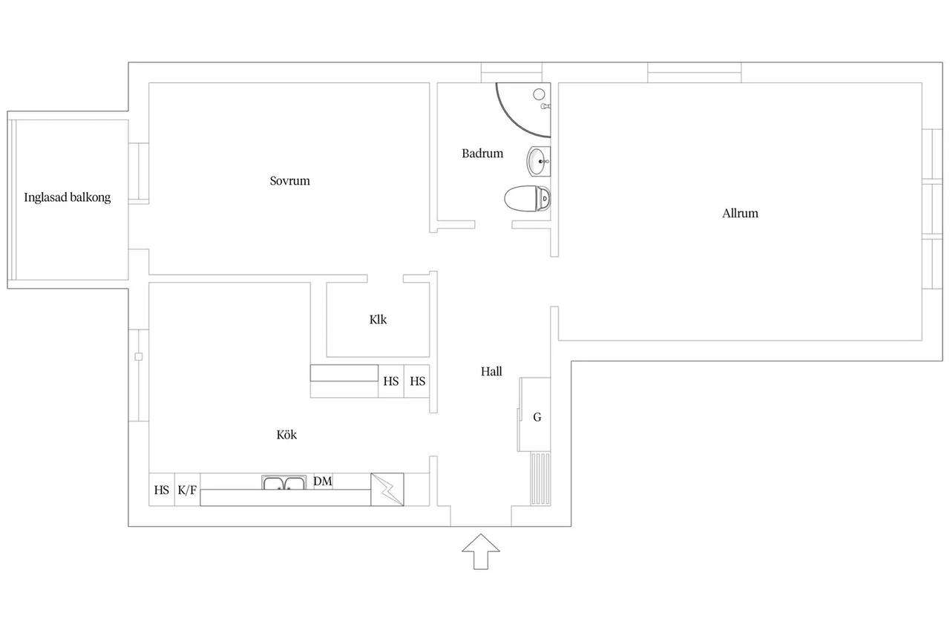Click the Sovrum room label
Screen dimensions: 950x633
(289, 181)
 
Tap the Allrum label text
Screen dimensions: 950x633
(740, 213)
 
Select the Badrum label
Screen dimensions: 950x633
(482, 154)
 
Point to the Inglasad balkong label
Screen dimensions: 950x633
(67, 197)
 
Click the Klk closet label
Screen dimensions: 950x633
(378, 320)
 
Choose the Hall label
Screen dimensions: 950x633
(491, 372)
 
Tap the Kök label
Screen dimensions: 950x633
(286, 435)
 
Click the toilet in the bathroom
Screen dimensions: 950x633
(527, 198)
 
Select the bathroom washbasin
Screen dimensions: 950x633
(539, 161)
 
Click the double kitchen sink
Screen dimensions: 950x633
(284, 483)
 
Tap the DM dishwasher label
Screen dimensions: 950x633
(322, 481)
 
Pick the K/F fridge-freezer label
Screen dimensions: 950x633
(187, 490)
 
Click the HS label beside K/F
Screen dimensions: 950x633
(161, 490)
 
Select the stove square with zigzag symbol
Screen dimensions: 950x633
(387, 490)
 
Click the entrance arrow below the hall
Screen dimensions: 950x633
(480, 551)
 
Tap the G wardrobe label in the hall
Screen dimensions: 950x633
(537, 418)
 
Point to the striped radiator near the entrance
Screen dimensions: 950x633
(540, 479)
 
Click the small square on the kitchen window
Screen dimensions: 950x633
(138, 356)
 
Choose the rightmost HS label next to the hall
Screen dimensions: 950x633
(417, 381)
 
